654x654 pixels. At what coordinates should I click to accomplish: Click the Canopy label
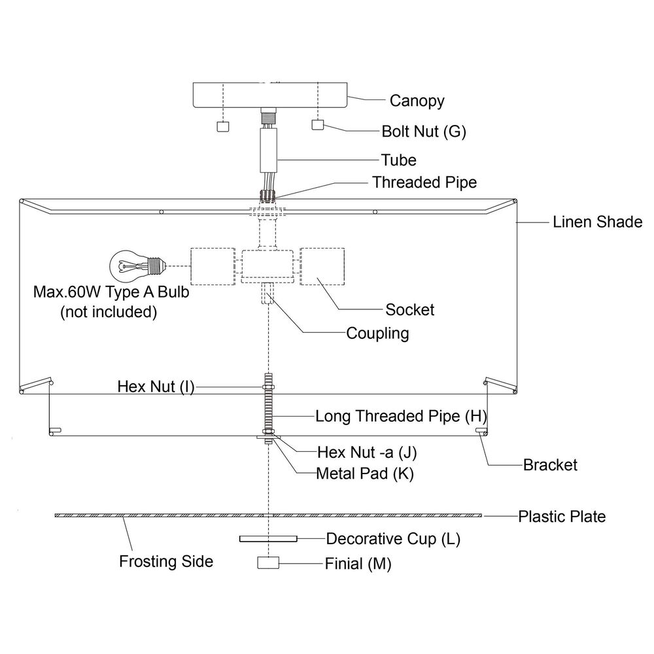point(417,101)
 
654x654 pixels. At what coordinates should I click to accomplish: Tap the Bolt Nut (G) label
point(424,131)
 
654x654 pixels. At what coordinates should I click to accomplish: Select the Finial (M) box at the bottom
point(268,562)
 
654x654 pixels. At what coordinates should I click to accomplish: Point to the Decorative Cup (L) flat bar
point(268,538)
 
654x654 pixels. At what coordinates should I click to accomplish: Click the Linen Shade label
point(597,222)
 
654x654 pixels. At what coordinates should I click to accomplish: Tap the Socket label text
point(409,309)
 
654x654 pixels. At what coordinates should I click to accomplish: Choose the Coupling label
point(377,334)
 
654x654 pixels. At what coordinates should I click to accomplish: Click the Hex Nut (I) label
point(156,387)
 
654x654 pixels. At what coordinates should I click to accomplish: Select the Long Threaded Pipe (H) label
point(401,416)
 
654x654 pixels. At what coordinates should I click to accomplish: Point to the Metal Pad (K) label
point(364,473)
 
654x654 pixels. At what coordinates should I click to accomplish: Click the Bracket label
point(550,464)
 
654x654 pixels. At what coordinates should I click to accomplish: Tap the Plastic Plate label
point(562,517)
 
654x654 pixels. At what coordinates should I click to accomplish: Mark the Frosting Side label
point(166,561)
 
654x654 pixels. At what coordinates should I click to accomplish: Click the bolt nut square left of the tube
point(223,126)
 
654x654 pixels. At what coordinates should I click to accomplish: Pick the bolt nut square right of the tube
point(318,124)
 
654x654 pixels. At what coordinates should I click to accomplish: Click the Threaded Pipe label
point(424,182)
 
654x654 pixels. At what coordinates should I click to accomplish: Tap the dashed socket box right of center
point(322,267)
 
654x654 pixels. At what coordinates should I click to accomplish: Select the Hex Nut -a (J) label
point(367,452)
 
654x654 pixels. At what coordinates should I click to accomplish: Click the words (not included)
point(109,312)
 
